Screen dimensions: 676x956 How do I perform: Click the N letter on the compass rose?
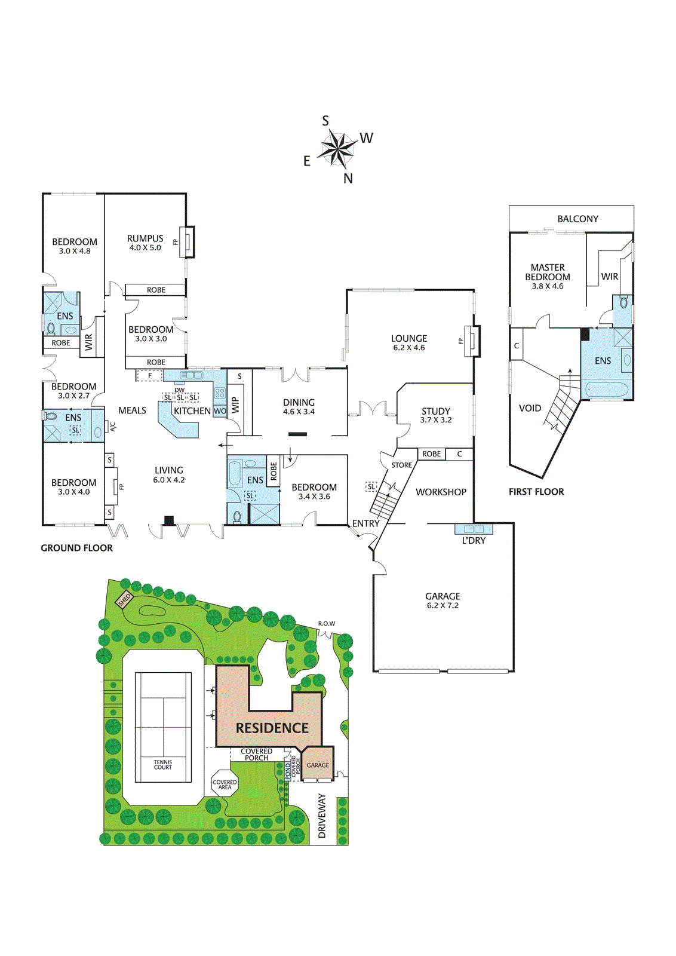click(348, 179)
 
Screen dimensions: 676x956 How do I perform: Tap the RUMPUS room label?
click(145, 238)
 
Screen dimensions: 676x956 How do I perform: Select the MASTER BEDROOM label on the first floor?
click(548, 272)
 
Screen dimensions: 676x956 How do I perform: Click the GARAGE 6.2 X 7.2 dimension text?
click(443, 605)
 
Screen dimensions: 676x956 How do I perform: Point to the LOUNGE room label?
click(409, 338)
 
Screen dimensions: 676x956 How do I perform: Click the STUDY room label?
click(436, 411)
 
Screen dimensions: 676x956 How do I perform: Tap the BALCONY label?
click(578, 219)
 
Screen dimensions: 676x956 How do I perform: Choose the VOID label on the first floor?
click(530, 408)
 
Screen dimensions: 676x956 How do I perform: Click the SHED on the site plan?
click(125, 601)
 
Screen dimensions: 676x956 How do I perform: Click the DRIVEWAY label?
click(322, 816)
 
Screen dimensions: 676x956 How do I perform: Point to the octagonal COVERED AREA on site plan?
click(225, 785)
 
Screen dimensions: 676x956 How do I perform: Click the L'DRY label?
click(474, 540)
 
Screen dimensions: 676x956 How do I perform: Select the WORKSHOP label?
click(441, 492)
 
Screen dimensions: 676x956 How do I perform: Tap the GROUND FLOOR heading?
click(77, 548)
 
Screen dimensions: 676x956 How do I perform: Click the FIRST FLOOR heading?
click(536, 492)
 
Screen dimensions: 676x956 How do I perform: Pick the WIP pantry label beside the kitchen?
click(235, 405)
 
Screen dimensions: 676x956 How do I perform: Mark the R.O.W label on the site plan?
click(327, 624)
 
